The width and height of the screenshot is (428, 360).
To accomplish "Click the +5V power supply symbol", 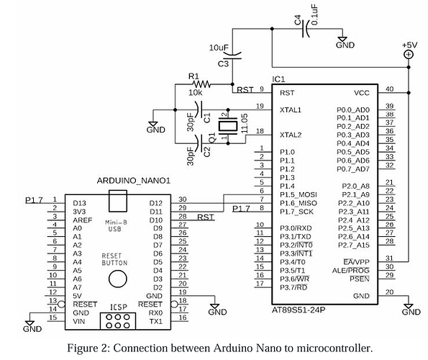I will pyautogui.click(x=409, y=54).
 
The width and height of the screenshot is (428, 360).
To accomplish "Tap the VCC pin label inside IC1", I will pyautogui.click(x=362, y=93).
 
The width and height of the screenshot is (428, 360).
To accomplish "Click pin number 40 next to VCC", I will pyautogui.click(x=390, y=89).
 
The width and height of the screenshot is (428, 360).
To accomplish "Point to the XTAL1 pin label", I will pyautogui.click(x=289, y=109).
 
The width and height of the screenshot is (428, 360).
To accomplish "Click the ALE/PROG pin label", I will pyautogui.click(x=354, y=269).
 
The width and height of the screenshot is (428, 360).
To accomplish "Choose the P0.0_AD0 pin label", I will pyautogui.click(x=352, y=109).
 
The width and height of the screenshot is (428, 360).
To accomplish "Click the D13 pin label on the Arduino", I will pyautogui.click(x=79, y=204).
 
